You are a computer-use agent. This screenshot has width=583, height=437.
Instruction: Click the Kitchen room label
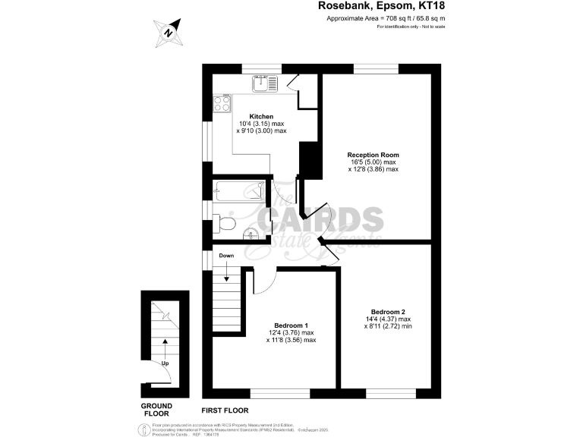(x=261, y=117)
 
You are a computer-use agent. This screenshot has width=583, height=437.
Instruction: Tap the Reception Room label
(x=373, y=155)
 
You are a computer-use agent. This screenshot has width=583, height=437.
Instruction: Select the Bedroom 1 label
(x=291, y=325)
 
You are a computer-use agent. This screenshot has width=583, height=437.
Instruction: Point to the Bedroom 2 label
(x=387, y=312)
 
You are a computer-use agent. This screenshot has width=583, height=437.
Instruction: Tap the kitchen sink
(x=266, y=84)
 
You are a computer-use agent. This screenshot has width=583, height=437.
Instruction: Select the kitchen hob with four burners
(x=222, y=102)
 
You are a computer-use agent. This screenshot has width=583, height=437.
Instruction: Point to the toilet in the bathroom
(x=224, y=223)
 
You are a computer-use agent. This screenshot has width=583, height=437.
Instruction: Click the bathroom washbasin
(x=255, y=235)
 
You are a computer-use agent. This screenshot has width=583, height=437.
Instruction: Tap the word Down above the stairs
(x=226, y=256)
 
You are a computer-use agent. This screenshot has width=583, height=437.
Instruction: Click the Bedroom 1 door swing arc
(x=262, y=282)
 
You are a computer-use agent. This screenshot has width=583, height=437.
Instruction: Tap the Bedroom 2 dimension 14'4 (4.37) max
(x=387, y=320)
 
